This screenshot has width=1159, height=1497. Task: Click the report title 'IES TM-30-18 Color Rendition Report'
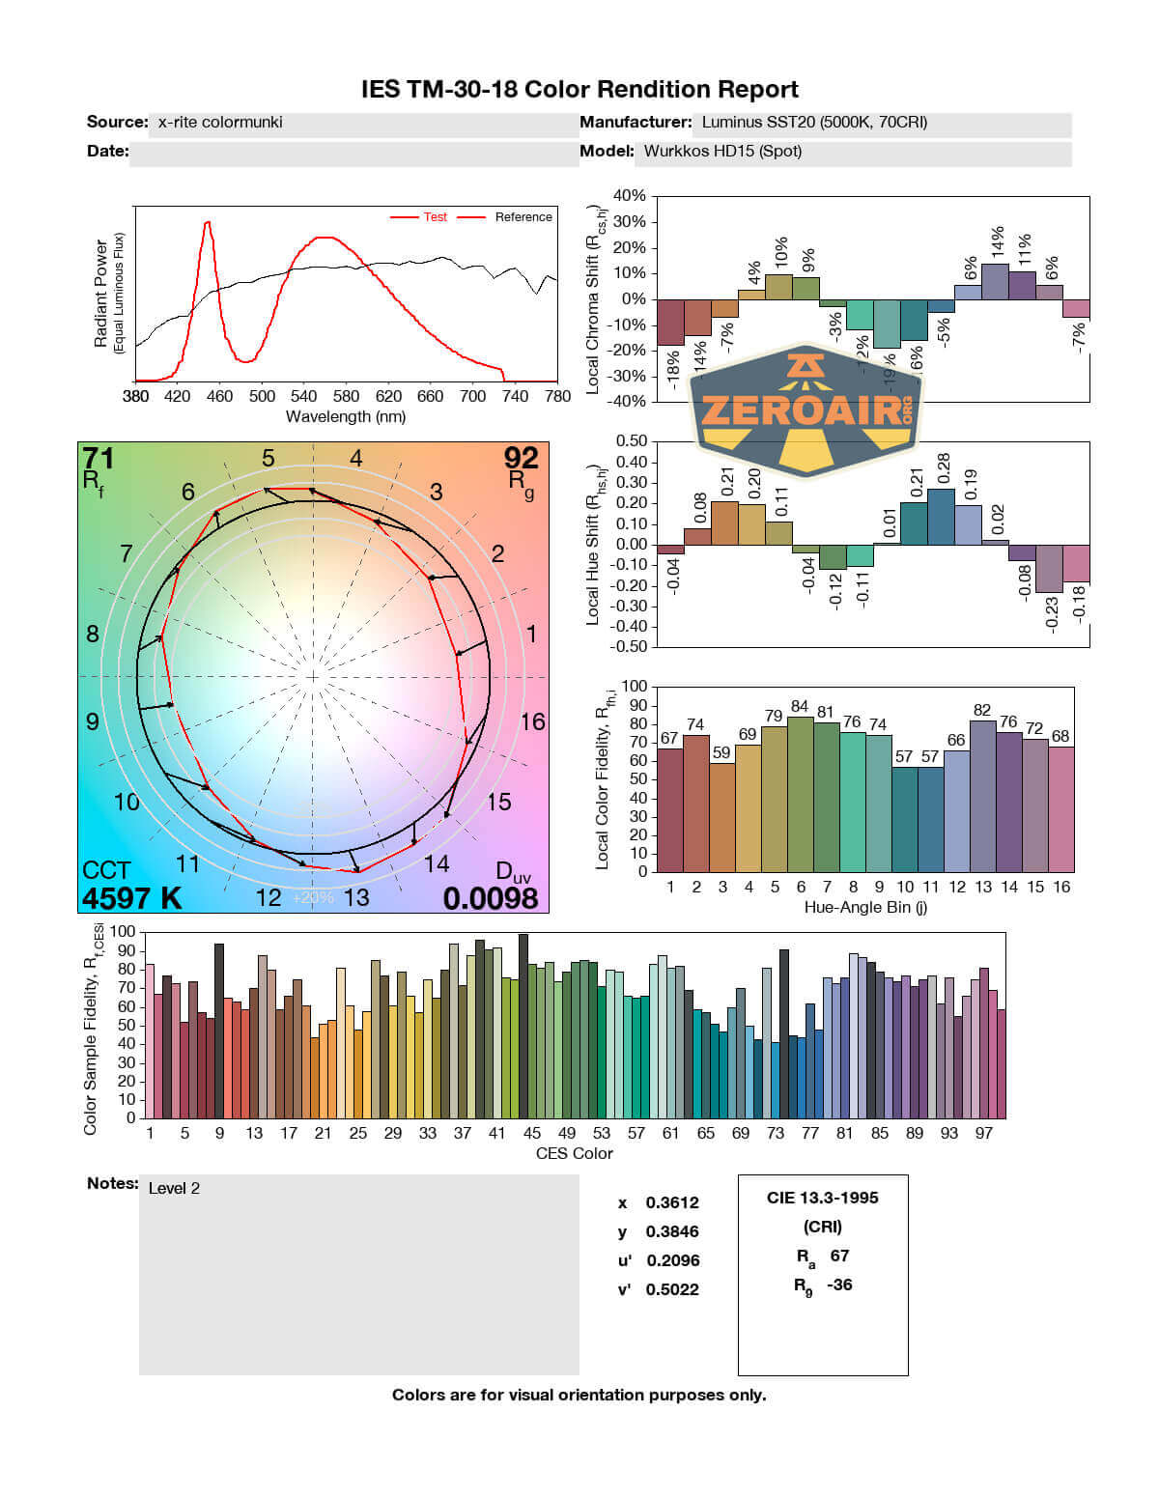coord(579,90)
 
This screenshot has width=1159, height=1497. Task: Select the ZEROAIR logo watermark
coord(806,410)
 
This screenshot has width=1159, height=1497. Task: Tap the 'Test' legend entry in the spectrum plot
coord(435,217)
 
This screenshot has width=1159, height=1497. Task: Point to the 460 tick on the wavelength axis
coord(219,396)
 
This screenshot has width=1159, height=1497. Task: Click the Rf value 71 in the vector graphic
coord(98,457)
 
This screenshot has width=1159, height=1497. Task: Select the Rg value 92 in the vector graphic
coord(522,457)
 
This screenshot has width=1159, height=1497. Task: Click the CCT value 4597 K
coord(131,898)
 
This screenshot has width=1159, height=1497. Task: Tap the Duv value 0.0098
coord(491,898)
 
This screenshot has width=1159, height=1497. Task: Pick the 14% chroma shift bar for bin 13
coord(995,281)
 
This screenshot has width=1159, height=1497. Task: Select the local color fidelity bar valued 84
coord(800,794)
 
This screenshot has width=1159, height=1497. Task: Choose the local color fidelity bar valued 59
coord(721,817)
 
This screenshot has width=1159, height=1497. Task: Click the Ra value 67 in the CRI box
coord(839,1256)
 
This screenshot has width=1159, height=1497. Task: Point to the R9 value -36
coord(839,1285)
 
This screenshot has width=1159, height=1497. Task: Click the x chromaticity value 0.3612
coord(672,1202)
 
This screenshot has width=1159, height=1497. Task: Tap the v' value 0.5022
coord(672,1289)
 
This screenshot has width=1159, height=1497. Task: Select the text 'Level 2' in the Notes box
coord(174,1188)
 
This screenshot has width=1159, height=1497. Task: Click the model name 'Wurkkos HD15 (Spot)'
coord(722,151)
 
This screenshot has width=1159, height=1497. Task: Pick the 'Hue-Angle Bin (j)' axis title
coord(865,907)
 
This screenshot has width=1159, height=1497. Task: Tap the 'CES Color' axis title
coord(575,1153)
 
